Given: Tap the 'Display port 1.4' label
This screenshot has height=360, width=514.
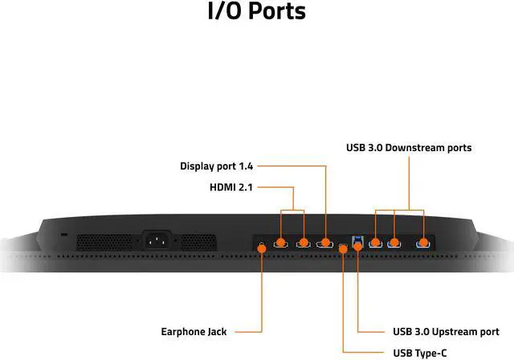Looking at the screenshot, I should (x=216, y=166).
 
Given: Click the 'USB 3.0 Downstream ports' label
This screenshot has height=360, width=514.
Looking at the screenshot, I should (x=409, y=147).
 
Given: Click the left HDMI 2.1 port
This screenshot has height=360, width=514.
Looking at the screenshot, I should (x=281, y=242).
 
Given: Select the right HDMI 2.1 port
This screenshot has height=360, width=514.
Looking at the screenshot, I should (x=304, y=242).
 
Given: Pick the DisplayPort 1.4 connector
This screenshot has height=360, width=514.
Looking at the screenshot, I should (x=326, y=242).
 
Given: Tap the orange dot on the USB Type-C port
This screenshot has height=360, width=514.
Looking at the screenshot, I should (x=344, y=247).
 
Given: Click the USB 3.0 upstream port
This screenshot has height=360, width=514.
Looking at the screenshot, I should (x=358, y=241).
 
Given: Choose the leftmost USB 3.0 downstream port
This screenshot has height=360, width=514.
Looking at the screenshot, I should (x=374, y=242).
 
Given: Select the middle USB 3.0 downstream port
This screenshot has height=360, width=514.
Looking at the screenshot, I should (x=394, y=242).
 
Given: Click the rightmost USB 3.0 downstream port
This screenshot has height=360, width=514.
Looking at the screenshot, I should (x=422, y=242).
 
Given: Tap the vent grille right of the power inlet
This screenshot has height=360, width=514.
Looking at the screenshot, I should (x=199, y=241).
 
